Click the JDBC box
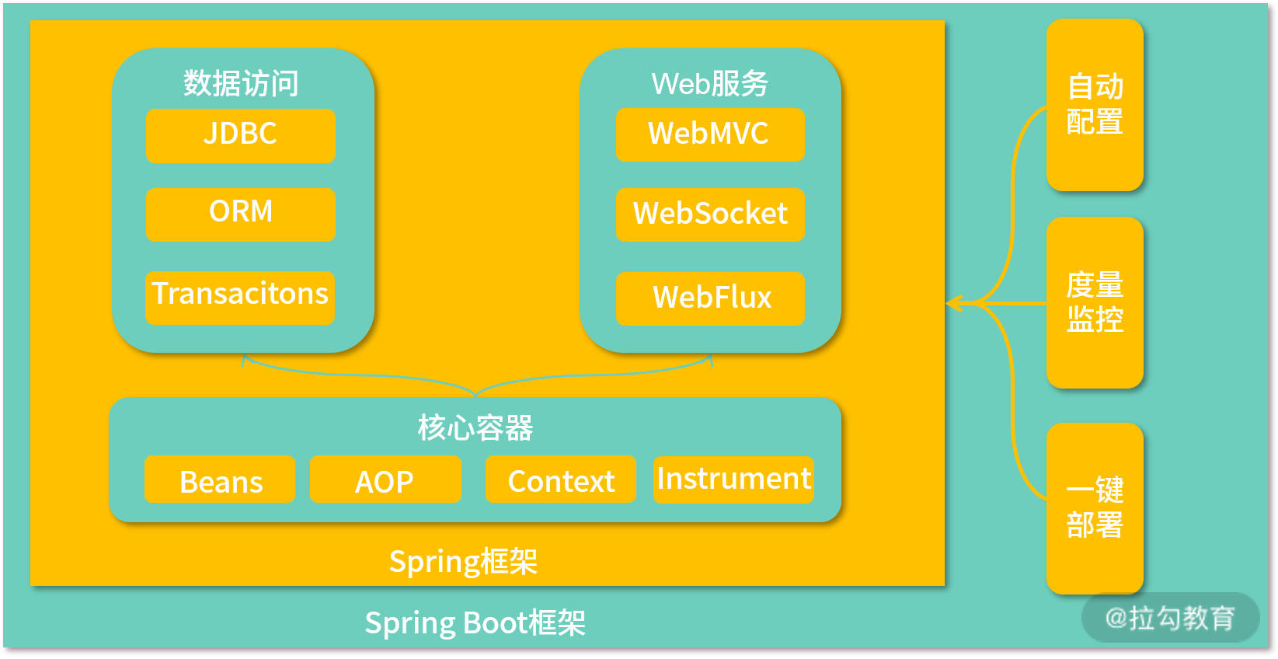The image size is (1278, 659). point(240,135)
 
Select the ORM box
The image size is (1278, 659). point(240,214)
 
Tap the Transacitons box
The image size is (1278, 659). point(240,296)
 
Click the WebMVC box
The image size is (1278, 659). point(709,134)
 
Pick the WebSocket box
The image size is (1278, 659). point(709,214)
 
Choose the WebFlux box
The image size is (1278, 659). point(709,298)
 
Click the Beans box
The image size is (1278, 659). point(220,479)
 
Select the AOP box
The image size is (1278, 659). point(385,479)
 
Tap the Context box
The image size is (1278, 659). point(560,479)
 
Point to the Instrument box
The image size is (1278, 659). point(733,479)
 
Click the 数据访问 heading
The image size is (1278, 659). point(241,83)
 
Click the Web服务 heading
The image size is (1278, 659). point(709,83)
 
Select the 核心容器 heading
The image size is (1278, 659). point(475,427)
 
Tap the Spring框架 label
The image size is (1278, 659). point(463,561)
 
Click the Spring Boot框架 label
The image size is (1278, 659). point(475,622)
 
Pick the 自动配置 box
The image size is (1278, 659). point(1095,105)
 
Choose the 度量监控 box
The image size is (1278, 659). point(1095,302)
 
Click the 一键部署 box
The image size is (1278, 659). point(1095,507)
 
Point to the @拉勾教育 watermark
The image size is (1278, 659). point(1170,618)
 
